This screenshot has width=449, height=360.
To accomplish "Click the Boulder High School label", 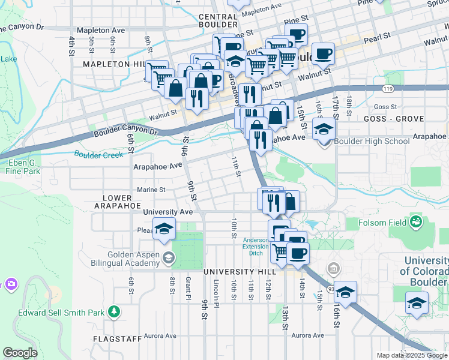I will (x=372, y=142).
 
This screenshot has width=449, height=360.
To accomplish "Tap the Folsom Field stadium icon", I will (x=415, y=223).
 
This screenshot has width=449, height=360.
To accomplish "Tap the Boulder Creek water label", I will (x=98, y=154).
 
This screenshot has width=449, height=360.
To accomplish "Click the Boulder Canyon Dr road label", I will (x=125, y=132).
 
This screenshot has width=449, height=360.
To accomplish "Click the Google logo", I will (x=20, y=353).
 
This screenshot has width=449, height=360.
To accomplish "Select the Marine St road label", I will (x=151, y=190).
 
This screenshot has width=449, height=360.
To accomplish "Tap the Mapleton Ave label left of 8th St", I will (x=101, y=29).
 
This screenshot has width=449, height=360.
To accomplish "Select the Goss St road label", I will (x=382, y=107).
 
